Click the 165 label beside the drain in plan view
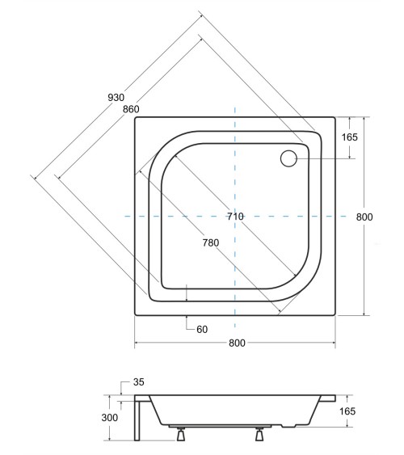[x=349, y=137]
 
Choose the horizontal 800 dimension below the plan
[x=236, y=343]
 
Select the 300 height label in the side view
[x=110, y=418]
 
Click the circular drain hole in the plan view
[x=289, y=158]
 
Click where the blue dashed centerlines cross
[x=234, y=217]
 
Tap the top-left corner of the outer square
[x=134, y=117]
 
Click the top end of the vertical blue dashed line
[x=234, y=105]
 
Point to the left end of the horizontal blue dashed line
[x=125, y=217]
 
